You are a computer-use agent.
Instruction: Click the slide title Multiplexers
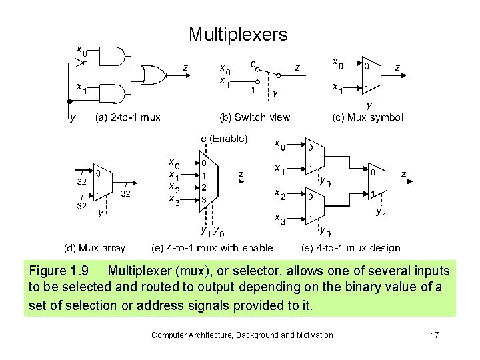[238, 35]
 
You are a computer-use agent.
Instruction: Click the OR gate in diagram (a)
[155, 75]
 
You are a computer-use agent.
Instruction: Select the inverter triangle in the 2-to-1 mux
[79, 63]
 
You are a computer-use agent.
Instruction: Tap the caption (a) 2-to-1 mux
[128, 117]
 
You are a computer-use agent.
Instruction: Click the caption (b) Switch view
[255, 117]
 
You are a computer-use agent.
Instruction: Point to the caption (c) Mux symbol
[367, 117]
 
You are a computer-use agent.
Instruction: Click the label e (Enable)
[224, 139]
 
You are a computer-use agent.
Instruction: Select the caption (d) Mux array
[94, 248]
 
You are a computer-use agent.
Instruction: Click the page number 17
[434, 335]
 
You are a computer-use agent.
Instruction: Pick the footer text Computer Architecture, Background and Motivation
[242, 335]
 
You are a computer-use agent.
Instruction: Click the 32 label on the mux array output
[125, 194]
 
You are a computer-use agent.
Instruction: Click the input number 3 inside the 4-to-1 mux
[204, 199]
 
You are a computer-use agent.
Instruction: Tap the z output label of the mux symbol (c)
[397, 67]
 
